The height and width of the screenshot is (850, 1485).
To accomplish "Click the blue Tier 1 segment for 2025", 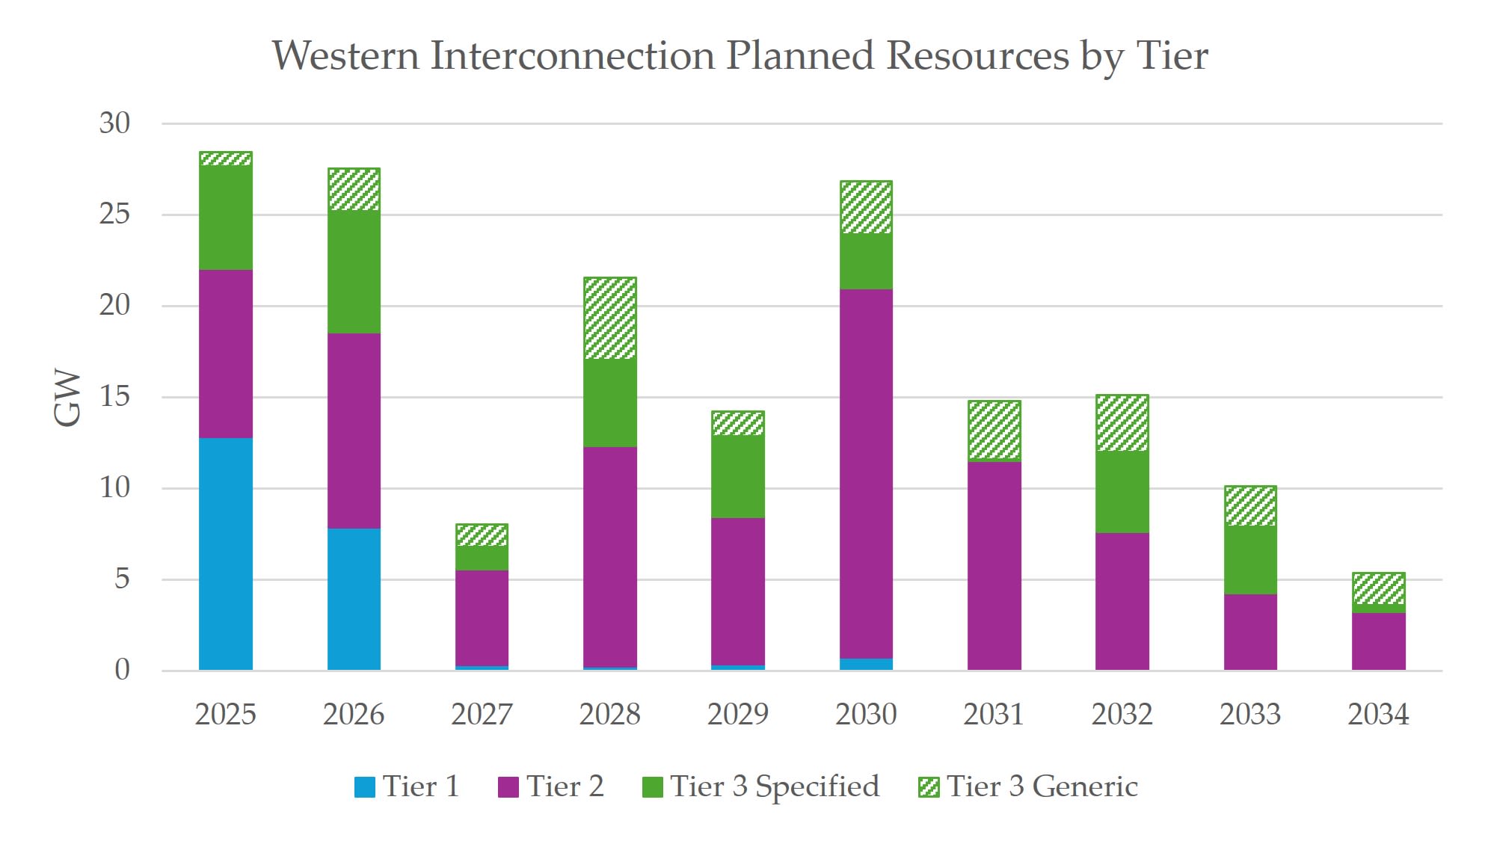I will coord(225,553).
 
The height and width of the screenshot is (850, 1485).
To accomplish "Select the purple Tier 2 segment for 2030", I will coord(866,473).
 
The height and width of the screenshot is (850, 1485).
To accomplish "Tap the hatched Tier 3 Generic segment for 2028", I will coord(609,318).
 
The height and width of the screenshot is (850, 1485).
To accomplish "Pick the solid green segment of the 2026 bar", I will coord(354,271).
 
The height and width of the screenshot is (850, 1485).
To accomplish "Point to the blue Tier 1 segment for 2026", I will coord(354,599).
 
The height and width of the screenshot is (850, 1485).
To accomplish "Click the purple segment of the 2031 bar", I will coord(994,565).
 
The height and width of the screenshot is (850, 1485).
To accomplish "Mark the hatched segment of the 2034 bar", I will coord(1378,588).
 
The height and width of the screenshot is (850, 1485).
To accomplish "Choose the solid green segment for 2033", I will coord(1250,560).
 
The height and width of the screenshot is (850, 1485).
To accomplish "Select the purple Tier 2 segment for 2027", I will coord(482,618).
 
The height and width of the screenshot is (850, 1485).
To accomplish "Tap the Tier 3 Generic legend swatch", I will coord(928,787).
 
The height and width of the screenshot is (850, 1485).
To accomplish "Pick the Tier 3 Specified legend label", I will coord(775,786).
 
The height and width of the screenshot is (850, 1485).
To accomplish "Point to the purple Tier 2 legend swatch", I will coord(508,787).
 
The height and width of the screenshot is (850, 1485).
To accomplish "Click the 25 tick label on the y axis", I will coord(114,215).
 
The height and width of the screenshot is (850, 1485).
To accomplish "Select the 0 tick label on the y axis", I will coord(122,670).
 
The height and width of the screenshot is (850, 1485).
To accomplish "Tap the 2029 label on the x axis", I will coord(737,714).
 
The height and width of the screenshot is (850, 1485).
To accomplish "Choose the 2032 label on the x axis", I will coord(1122,714).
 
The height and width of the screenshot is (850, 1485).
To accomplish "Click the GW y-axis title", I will coord(67,397).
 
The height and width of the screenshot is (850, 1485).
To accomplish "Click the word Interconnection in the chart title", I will coord(572,56).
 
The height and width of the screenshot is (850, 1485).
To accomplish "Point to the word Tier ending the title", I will coord(1172,56).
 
